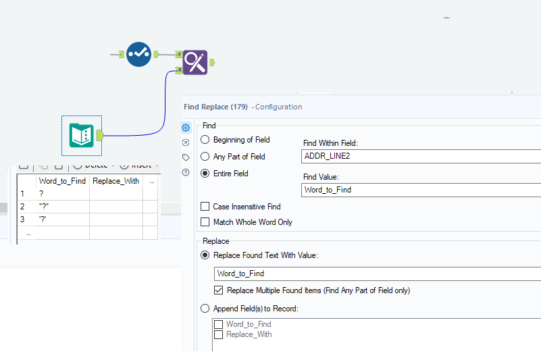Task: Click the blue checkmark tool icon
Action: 138,54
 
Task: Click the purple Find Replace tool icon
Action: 195,62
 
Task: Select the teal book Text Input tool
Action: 81,135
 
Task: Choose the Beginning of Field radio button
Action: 205,140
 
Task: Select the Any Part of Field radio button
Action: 205,157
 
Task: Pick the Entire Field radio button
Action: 205,174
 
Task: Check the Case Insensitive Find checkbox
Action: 205,207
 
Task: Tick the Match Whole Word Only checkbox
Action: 205,222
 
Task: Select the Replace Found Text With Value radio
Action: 205,255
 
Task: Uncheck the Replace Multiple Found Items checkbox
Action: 218,290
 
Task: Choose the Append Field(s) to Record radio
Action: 205,309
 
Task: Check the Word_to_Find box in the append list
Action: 218,325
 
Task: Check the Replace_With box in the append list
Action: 218,334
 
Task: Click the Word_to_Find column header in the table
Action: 62,181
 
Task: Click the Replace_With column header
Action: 115,181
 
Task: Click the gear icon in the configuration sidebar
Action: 186,128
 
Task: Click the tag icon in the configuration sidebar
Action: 186,157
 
